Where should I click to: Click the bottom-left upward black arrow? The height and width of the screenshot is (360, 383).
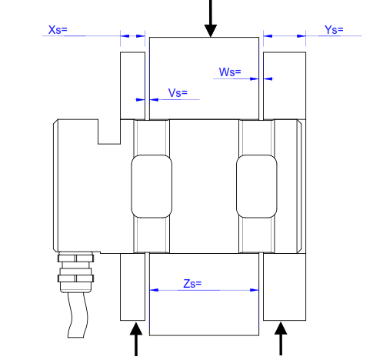(x=136, y=340)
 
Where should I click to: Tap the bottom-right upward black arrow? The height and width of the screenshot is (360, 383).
(x=281, y=340)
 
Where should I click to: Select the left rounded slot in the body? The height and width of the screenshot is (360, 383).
(x=151, y=185)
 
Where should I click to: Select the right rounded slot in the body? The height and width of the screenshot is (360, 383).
(x=256, y=185)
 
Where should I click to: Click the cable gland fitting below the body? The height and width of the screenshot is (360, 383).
(x=76, y=268)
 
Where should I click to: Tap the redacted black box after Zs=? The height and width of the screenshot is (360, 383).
(x=210, y=284)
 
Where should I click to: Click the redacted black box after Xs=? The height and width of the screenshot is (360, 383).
(x=75, y=30)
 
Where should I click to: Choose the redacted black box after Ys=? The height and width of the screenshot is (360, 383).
(x=351, y=30)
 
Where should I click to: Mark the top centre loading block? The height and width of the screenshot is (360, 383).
(x=204, y=77)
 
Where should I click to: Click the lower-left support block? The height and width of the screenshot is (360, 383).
(x=133, y=286)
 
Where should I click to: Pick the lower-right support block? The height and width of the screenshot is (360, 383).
(x=285, y=286)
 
